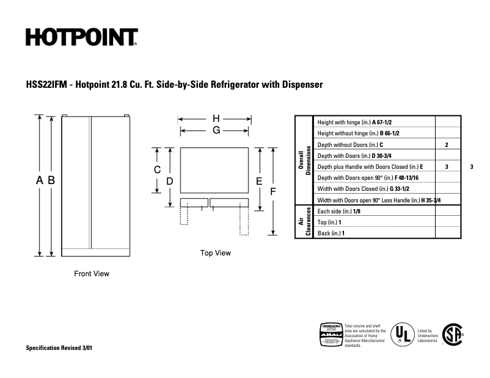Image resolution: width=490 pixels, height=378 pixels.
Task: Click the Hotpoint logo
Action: click(x=81, y=37)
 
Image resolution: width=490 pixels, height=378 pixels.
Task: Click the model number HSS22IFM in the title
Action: click(x=46, y=85)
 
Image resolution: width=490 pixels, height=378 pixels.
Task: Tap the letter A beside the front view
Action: click(x=40, y=180)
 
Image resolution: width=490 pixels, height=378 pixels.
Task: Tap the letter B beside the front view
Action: click(x=52, y=180)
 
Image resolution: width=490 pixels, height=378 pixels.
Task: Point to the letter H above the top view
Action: click(x=216, y=118)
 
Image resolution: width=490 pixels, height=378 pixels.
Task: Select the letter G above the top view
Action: click(x=216, y=130)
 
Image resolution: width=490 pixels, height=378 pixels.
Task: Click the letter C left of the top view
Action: click(x=157, y=170)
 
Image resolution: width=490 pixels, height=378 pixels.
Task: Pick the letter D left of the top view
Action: click(x=170, y=181)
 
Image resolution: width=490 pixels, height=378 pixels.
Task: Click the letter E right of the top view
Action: click(x=259, y=181)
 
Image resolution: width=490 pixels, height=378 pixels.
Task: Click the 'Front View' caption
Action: click(x=92, y=274)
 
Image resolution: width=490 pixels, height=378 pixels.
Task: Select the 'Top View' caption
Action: click(x=216, y=253)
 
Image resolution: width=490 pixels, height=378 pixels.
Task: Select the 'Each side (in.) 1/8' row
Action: click(x=339, y=211)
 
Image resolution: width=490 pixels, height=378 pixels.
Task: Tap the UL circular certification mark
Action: click(x=400, y=335)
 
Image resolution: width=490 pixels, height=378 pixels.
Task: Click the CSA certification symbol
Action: click(x=452, y=335)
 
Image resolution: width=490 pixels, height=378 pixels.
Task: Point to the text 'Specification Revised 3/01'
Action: click(x=59, y=348)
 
